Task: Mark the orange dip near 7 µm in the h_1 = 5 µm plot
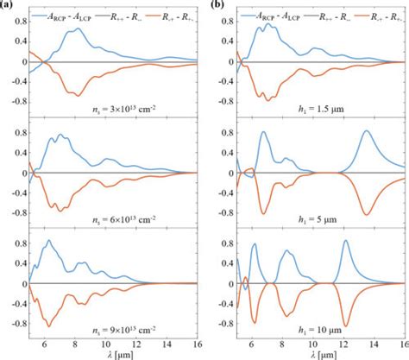(264, 212)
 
